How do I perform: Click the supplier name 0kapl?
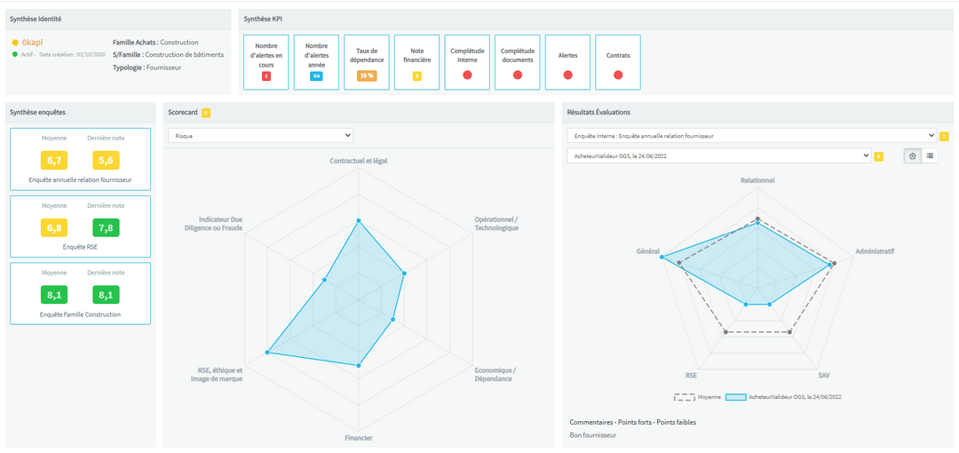(x=32, y=42)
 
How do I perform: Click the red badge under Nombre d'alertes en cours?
(x=266, y=76)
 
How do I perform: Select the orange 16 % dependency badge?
(x=366, y=75)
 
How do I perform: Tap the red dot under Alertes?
(x=567, y=75)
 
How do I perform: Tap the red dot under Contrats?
(x=618, y=75)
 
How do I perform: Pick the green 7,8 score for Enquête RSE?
(x=105, y=228)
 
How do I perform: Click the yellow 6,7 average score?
(x=54, y=161)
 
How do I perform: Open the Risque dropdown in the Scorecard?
(x=260, y=136)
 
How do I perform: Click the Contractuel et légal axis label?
(x=358, y=161)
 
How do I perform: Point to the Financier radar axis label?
(x=358, y=438)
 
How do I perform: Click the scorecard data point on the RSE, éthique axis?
(x=267, y=354)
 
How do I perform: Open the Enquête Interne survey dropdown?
(x=751, y=136)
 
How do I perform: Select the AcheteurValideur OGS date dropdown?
(x=718, y=155)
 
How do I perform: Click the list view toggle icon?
(x=930, y=155)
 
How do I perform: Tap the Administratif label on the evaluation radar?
(x=874, y=251)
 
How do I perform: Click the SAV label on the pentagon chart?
(x=824, y=376)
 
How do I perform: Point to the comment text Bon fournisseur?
(x=592, y=435)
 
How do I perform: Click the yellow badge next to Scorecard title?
(x=206, y=112)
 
